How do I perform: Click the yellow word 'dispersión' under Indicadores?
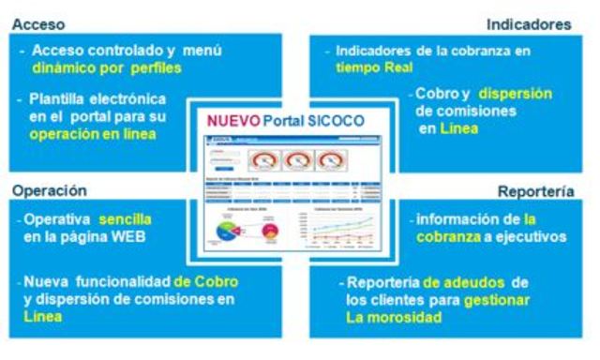pos(514,93)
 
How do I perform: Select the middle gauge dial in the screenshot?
pos(299,159)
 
